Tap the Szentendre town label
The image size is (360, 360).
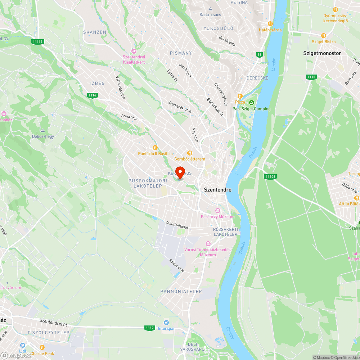[218, 190]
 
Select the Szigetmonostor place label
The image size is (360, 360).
[322, 53]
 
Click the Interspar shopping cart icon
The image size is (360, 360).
[166, 322]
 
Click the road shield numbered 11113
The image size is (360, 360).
[37, 42]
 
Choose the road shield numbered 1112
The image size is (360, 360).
[150, 328]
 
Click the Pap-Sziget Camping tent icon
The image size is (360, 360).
[251, 103]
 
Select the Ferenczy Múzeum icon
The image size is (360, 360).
[217, 211]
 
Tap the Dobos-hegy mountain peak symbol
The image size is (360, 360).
[43, 130]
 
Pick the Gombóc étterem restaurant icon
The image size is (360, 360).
[190, 153]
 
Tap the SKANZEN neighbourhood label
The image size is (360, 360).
[95, 32]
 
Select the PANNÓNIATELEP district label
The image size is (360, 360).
[181, 291]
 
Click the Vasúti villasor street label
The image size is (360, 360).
[177, 225]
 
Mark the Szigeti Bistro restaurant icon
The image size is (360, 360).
[323, 36]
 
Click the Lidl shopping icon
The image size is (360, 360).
[22, 345]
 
